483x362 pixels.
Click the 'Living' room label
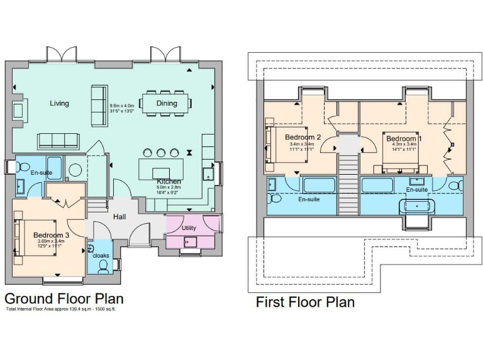[x=60, y=103]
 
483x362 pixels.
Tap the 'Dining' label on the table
[x=167, y=103]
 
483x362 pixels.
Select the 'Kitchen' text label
[x=169, y=182]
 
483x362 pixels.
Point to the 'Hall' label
[x=118, y=217]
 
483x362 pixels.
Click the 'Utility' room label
[x=189, y=227]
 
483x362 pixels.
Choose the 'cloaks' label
[x=101, y=255]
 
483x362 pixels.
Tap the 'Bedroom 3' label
[x=52, y=235]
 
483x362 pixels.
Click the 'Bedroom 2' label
[x=303, y=138]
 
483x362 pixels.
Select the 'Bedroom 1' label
[x=404, y=138]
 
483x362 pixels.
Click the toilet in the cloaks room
[x=104, y=266]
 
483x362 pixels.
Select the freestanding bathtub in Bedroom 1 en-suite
[x=415, y=206]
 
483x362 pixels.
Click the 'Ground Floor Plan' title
[x=64, y=298]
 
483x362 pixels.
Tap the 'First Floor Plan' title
[x=305, y=302]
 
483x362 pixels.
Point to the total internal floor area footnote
[x=61, y=309]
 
